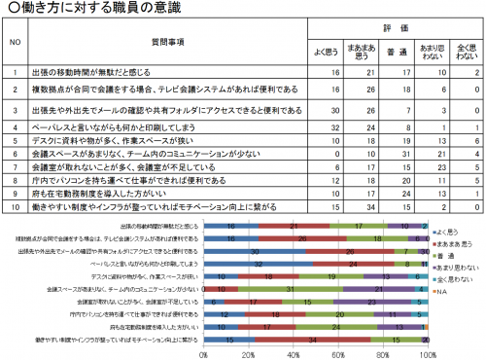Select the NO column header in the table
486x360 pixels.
pyautogui.click(x=15, y=42)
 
